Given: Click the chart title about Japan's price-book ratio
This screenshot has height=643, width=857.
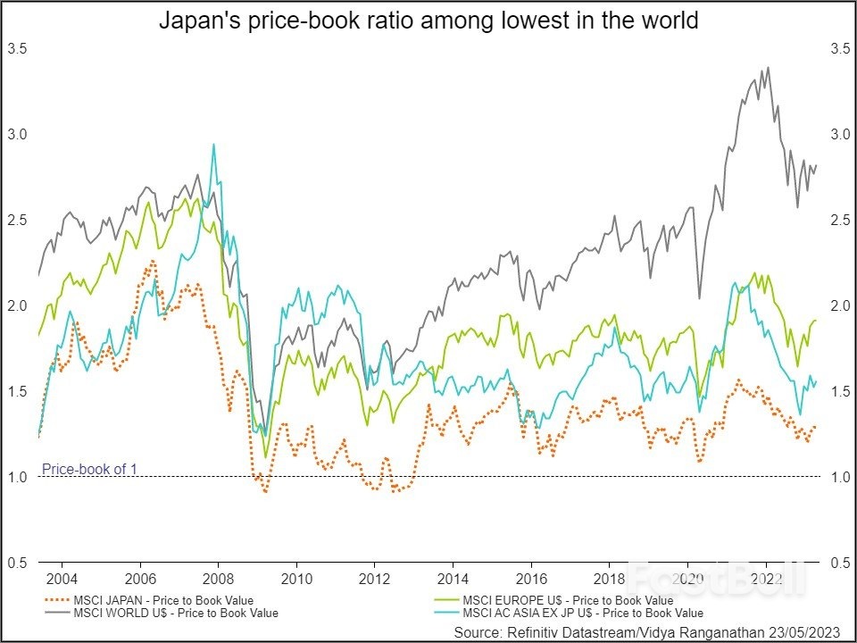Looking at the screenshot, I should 428,20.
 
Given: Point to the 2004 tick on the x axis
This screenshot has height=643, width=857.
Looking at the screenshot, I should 62,578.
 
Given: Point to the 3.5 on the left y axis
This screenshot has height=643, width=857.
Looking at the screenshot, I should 17,48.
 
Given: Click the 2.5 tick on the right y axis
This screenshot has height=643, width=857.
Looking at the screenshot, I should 840,220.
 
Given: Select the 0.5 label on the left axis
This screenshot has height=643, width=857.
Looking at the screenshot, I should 17,563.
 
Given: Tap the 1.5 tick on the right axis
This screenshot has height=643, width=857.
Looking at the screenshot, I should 840,391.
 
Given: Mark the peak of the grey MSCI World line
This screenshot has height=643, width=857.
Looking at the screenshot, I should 768,67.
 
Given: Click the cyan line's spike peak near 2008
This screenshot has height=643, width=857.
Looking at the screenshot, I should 213,145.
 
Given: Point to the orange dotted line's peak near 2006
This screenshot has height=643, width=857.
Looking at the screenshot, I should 152,261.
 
